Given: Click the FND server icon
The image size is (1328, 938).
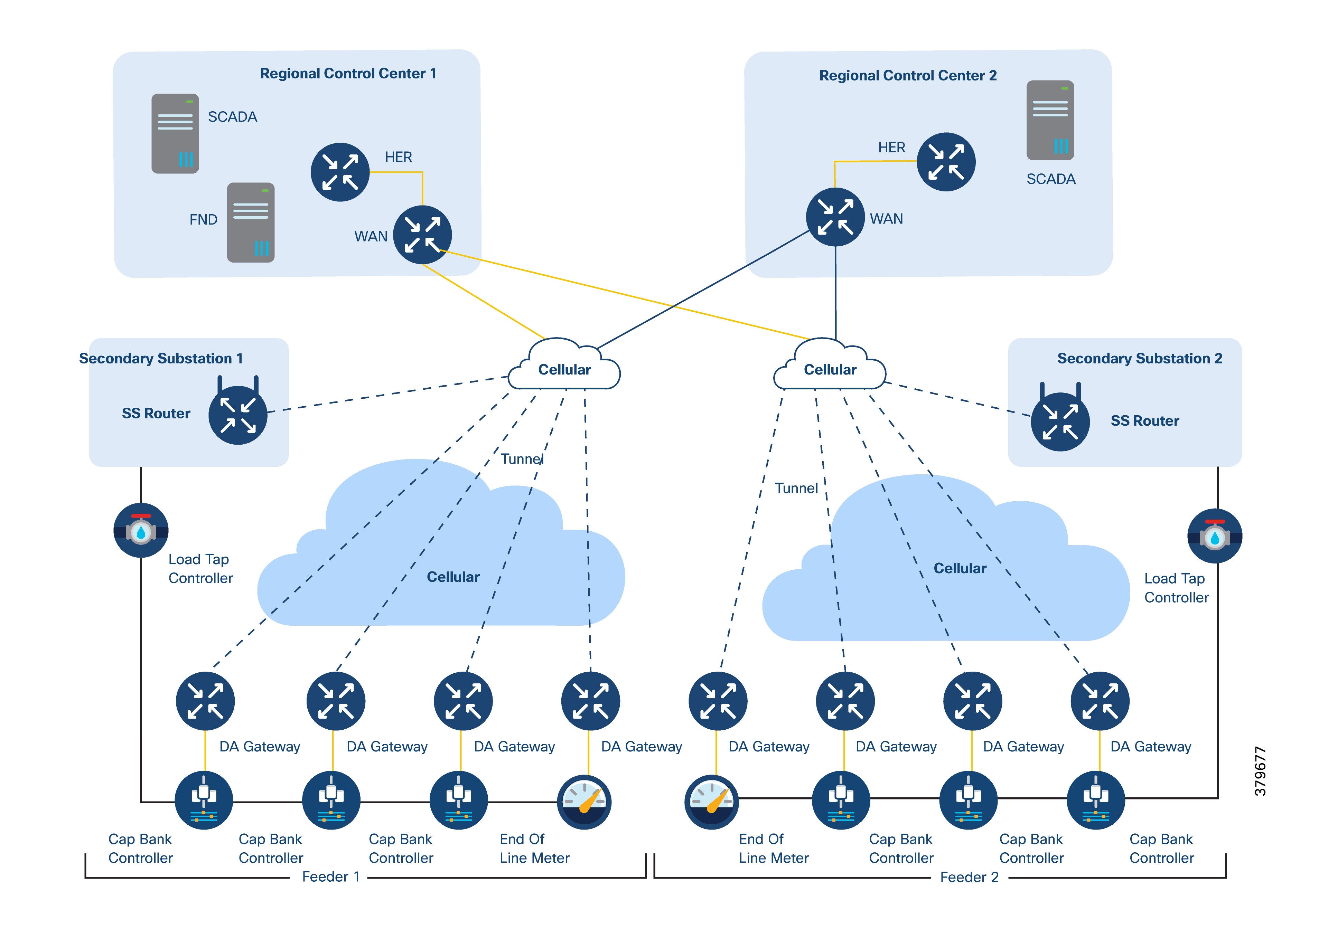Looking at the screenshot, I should tap(251, 222).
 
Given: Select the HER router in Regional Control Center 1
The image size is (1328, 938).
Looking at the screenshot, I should tap(340, 172).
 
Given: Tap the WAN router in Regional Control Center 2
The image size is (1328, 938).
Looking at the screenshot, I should tap(835, 217).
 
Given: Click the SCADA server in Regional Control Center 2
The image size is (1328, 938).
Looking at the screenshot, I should tap(1050, 120).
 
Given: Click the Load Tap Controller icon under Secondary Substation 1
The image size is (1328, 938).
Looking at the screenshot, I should tap(141, 530).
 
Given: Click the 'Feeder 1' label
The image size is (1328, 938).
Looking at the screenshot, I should tap(331, 877).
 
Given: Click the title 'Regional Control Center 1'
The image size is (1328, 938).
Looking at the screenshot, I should tap(348, 74).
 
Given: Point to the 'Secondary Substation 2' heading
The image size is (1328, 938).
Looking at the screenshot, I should tap(1139, 359).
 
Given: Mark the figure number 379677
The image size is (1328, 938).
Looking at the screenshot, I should tap(1260, 771).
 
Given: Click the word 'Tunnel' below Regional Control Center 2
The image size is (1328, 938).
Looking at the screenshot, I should tap(796, 488).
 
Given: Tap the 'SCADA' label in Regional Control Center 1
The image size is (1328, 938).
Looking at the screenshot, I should tap(233, 117).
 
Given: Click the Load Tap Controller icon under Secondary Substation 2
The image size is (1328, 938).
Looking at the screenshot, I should tap(1215, 536).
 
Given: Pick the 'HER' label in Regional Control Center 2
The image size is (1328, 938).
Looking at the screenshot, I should tap(891, 148).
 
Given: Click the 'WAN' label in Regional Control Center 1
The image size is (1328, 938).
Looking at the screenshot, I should tap(371, 237).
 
